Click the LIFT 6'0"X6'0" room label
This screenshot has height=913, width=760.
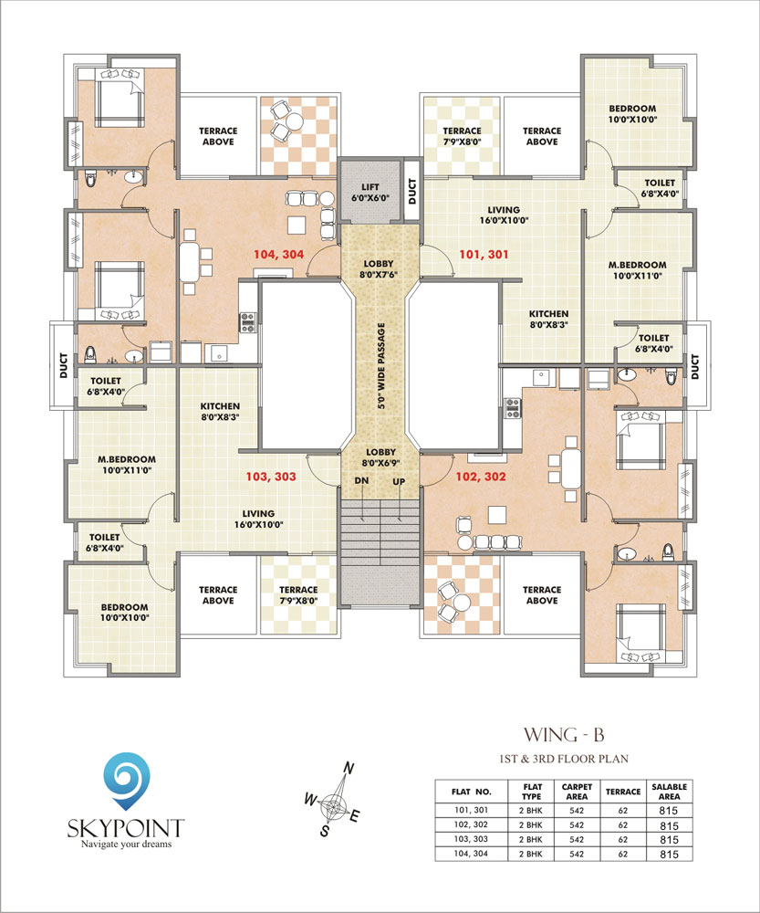coord(370,192)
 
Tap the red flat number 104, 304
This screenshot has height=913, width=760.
coord(279,255)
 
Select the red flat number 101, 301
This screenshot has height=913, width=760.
coord(484,255)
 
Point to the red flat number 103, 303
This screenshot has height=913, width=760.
coord(271,477)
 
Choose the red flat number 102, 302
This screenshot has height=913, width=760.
coord(481,477)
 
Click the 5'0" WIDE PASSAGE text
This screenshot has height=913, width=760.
coord(381,366)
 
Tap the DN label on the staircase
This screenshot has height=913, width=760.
coord(361,481)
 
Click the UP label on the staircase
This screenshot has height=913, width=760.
coord(399,481)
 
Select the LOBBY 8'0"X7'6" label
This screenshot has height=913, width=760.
coord(379,269)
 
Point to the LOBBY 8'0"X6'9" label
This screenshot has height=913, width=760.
coord(380,457)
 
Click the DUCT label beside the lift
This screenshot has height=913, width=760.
coord(412,191)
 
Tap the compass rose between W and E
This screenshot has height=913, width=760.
coord(332,805)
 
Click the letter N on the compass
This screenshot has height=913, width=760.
coord(348,769)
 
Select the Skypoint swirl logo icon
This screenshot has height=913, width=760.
coord(126,781)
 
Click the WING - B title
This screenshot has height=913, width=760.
coord(564,735)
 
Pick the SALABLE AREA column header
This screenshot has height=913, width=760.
coord(669,792)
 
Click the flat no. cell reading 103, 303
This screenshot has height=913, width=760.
coord(472,839)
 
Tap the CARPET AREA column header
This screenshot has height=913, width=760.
coord(577,792)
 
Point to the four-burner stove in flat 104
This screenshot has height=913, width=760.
coord(248,322)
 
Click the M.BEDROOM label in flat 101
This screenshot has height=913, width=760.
coord(637,270)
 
